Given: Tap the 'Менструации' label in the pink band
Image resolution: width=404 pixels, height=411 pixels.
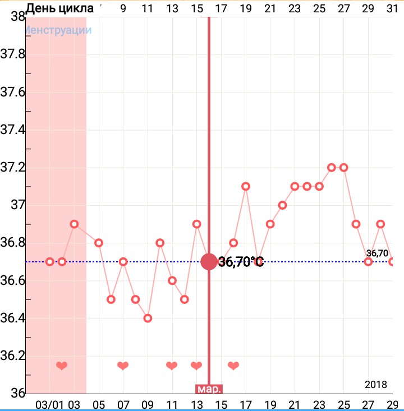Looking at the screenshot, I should coord(59,30).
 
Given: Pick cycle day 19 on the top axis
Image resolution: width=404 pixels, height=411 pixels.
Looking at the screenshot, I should coord(245,8).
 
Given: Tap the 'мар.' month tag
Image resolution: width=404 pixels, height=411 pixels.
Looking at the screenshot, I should coord(209,389).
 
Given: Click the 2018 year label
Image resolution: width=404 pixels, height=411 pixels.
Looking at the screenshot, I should coord(375,385).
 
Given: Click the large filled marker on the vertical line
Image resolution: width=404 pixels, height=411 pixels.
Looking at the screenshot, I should coord(209,261).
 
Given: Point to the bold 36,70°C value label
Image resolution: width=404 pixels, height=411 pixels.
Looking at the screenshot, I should coord(241,262).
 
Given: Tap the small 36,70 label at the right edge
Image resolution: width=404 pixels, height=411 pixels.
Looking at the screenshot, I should coord(377,253).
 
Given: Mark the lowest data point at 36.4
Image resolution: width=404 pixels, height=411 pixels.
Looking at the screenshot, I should coord(148,318).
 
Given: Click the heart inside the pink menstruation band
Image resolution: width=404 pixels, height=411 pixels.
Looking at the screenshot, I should coord(62,366).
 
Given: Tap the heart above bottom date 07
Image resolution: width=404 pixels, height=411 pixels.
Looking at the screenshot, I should coord(123,366).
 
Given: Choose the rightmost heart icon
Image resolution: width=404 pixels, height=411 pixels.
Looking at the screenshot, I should coord(233,366).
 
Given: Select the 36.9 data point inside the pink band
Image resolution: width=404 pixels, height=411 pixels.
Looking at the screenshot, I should coord(74,224).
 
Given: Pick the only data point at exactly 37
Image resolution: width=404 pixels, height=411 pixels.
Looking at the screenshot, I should coord(282,205).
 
